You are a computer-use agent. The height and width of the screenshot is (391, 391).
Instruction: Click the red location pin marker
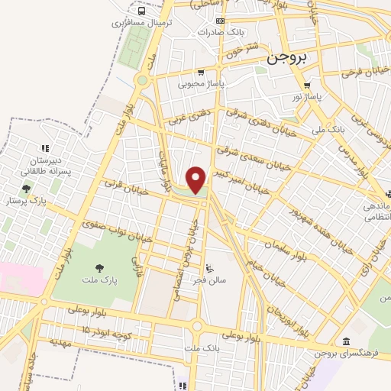coord(196,180)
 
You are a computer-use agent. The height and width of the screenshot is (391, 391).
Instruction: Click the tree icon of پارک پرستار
coord(27,189)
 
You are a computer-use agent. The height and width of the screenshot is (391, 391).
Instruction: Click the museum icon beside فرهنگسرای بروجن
coord(346,341)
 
